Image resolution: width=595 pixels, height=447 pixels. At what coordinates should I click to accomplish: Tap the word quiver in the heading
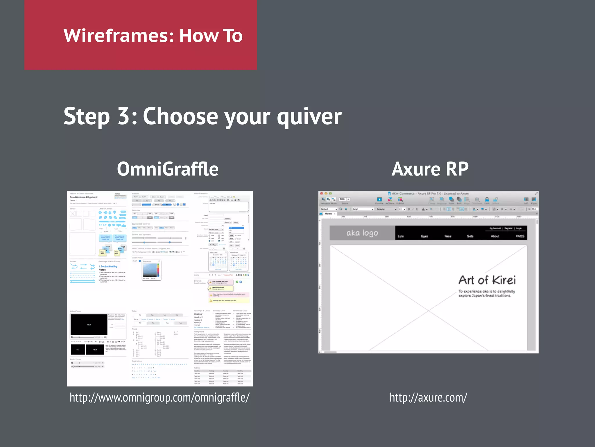[x=309, y=116]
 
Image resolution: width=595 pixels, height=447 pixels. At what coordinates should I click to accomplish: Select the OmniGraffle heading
[x=168, y=169]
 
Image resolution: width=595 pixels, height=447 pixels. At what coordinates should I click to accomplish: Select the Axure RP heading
[x=430, y=169]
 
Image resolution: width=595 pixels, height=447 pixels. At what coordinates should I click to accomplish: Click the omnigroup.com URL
[x=159, y=398]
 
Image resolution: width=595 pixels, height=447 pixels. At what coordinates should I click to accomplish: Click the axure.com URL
[x=428, y=398]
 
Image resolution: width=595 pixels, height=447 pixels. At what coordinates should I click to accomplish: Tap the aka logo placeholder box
[x=362, y=233]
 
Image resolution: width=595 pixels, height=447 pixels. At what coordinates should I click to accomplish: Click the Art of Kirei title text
[x=487, y=280]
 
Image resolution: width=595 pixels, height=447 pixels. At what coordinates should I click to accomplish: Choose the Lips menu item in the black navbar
[x=401, y=236]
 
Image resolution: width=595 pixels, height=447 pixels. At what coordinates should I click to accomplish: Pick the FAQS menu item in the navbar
[x=520, y=236]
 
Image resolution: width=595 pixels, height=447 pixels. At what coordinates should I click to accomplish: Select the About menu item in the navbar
[x=495, y=236]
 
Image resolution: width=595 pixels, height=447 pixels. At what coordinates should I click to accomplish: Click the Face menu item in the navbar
[x=448, y=236]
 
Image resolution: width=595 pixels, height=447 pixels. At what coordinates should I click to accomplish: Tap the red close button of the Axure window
[x=322, y=194]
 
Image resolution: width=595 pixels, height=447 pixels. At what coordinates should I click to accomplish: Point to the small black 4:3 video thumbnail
[x=78, y=350]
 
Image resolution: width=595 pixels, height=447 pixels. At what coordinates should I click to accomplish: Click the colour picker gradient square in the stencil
[x=150, y=270]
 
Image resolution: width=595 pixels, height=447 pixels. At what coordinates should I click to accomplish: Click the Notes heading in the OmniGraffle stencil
[x=102, y=270]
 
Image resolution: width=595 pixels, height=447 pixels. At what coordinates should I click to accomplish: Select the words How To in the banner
[x=211, y=36]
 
